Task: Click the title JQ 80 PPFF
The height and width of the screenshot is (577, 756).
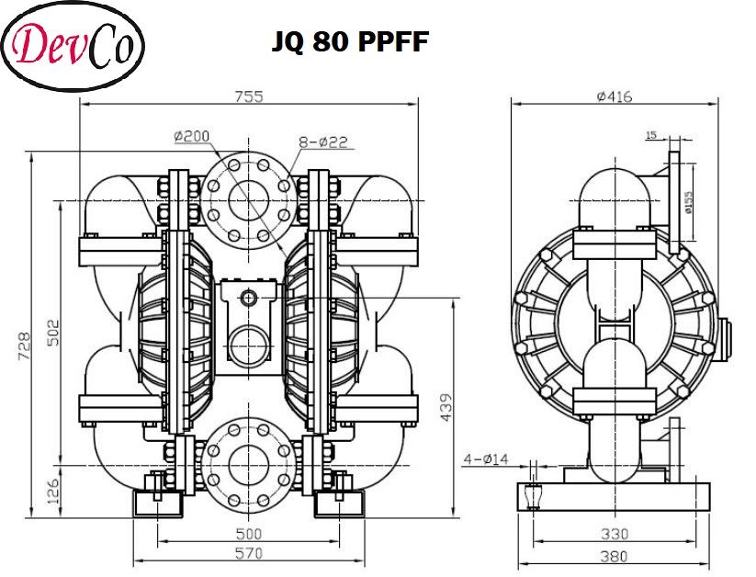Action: pos(349,42)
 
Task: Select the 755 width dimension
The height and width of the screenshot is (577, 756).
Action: pos(249,96)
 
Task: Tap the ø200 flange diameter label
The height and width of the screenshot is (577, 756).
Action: pos(191,136)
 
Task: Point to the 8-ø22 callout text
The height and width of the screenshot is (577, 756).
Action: pos(322,141)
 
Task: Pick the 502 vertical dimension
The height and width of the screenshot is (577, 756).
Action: pos(52,332)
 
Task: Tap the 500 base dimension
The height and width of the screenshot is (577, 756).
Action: pos(249,533)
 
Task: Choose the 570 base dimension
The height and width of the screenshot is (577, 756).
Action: pos(249,553)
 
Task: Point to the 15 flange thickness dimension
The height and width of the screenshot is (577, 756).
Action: pos(651,136)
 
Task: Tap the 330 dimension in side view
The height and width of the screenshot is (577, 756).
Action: pos(614,533)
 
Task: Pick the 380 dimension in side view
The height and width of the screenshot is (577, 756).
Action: pos(614,555)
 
